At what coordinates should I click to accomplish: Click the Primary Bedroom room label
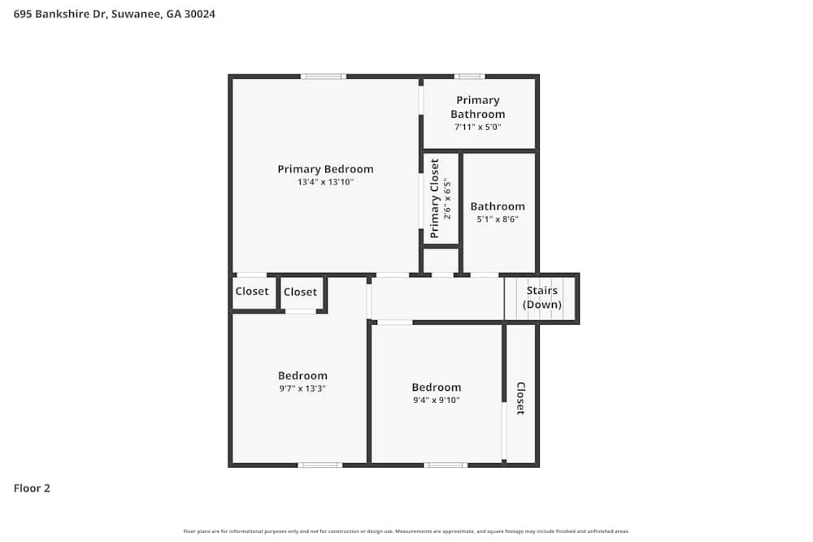pyautogui.click(x=325, y=169)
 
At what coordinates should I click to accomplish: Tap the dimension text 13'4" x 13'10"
pyautogui.click(x=325, y=183)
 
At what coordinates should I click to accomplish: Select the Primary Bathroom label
pyautogui.click(x=478, y=107)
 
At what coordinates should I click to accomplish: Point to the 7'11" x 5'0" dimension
pyautogui.click(x=478, y=128)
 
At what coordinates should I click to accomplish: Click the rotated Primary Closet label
pyautogui.click(x=435, y=198)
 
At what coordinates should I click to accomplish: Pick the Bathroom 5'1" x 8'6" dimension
pyautogui.click(x=498, y=219)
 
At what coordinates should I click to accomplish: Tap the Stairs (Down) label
pyautogui.click(x=541, y=297)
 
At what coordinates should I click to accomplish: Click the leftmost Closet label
pyautogui.click(x=252, y=292)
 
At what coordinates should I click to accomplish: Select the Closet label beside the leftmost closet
pyautogui.click(x=300, y=293)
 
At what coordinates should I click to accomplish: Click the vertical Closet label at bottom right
pyautogui.click(x=520, y=398)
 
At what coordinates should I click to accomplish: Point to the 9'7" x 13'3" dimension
pyautogui.click(x=302, y=389)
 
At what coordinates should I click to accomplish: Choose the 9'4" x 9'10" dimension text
pyautogui.click(x=436, y=400)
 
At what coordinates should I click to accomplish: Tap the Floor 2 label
pyautogui.click(x=32, y=488)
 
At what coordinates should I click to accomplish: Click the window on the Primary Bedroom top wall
pyautogui.click(x=323, y=76)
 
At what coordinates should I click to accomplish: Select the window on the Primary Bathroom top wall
pyautogui.click(x=469, y=76)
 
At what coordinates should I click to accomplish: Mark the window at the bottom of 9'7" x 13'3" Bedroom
pyautogui.click(x=320, y=465)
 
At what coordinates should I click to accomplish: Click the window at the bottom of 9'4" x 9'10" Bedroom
pyautogui.click(x=446, y=465)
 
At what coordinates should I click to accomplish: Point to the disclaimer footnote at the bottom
pyautogui.click(x=406, y=531)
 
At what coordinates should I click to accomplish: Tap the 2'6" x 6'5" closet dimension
pyautogui.click(x=447, y=198)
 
